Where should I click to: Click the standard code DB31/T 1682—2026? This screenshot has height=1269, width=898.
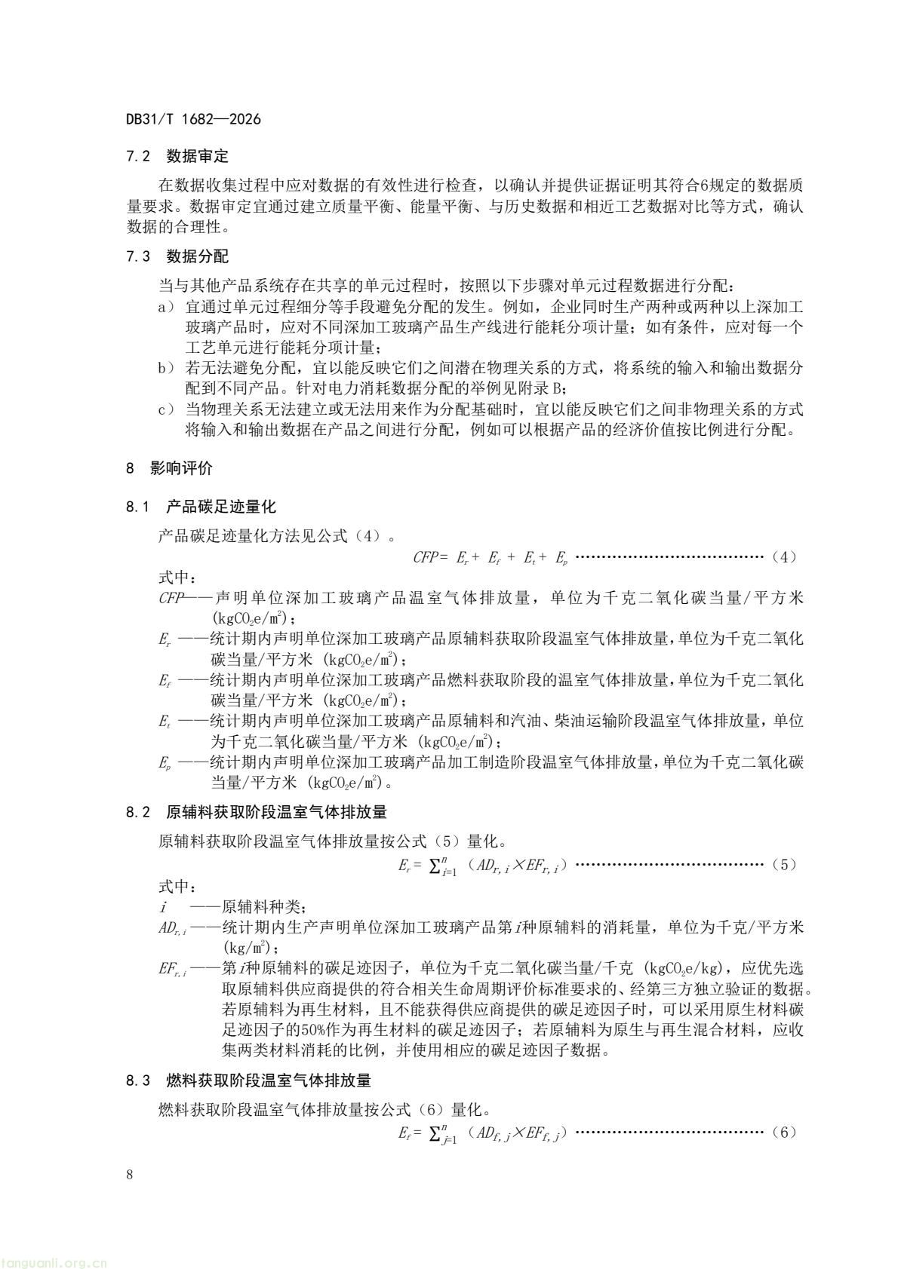(193, 119)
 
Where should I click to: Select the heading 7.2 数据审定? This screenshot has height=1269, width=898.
(177, 157)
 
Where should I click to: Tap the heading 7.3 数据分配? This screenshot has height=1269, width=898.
(177, 256)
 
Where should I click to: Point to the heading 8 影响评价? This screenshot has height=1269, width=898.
(169, 468)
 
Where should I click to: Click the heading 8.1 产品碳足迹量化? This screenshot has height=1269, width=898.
(200, 506)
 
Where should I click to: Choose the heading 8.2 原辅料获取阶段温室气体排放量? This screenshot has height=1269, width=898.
(257, 812)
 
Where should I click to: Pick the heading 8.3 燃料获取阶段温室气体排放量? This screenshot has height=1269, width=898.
(248, 1080)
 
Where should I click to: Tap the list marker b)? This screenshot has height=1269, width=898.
(165, 369)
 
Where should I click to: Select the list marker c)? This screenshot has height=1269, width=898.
(165, 410)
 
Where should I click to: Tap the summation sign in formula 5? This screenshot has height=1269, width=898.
(435, 866)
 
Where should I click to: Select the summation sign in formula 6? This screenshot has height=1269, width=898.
(435, 1133)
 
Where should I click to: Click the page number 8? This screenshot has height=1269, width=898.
(131, 1175)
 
